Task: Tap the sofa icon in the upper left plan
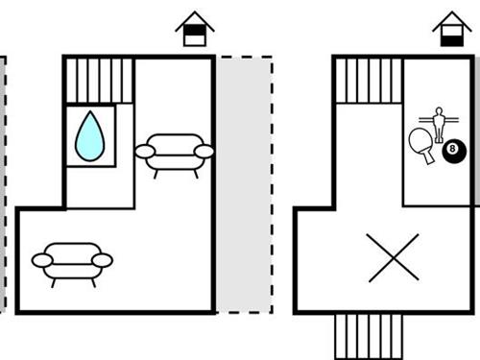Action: (174, 152)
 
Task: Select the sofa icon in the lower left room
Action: (72, 260)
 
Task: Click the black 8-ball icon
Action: (454, 150)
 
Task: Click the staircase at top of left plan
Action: (100, 79)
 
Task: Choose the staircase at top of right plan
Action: (370, 79)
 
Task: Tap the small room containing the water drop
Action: (90, 136)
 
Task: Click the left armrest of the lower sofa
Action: (41, 259)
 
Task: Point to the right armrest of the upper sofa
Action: (204, 151)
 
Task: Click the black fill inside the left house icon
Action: (195, 38)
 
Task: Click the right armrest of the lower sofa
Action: (103, 259)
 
